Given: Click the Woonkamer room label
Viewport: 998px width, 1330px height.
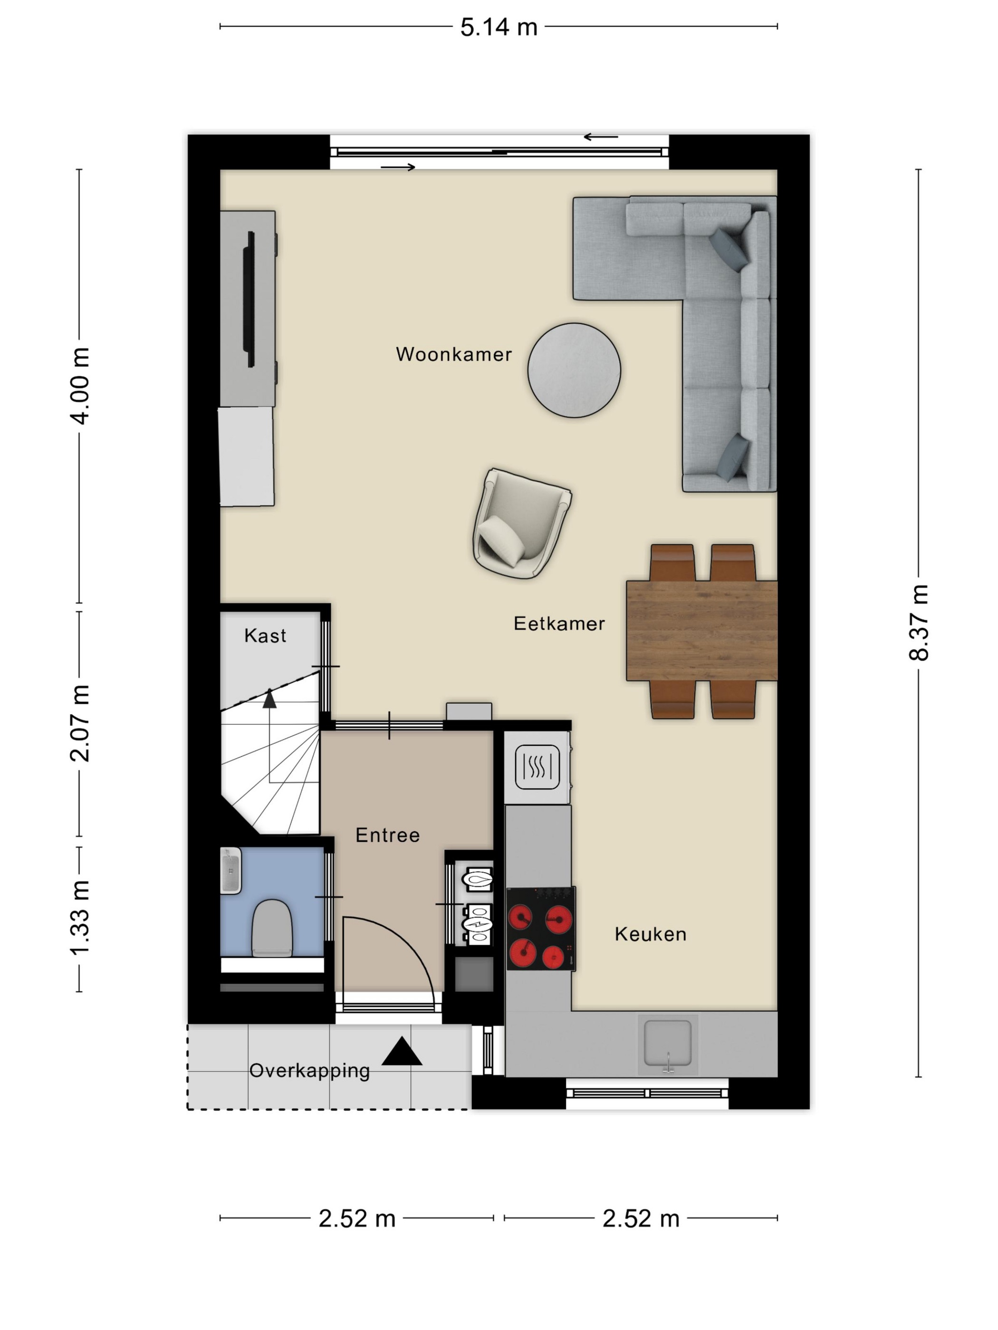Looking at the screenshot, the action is [x=453, y=354].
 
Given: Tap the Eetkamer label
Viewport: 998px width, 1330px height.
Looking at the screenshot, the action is [x=559, y=624].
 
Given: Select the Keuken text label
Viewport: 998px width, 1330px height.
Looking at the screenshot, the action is [x=650, y=934].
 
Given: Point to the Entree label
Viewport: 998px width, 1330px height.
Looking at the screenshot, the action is [x=387, y=835].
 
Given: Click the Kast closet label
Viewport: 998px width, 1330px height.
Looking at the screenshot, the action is [x=265, y=636].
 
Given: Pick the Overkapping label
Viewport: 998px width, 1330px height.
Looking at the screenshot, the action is [x=309, y=1071].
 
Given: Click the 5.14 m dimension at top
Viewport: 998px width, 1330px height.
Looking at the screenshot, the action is [x=499, y=27].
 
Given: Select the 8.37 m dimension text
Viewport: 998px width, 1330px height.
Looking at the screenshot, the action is [x=919, y=622].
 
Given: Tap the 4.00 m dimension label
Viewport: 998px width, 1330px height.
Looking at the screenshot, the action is [x=80, y=385].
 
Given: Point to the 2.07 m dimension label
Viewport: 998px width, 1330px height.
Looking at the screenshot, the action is [x=80, y=723].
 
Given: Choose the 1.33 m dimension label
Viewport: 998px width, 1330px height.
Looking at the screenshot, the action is [x=80, y=918].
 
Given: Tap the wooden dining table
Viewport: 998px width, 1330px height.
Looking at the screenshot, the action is [x=701, y=631].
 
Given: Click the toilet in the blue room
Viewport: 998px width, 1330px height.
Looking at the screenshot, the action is [x=272, y=928].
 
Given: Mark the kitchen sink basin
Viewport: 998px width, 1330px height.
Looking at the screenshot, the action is [x=668, y=1043].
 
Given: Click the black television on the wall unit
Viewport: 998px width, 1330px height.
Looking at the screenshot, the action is [x=249, y=299].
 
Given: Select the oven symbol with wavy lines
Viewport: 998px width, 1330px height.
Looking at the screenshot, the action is [x=537, y=767].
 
